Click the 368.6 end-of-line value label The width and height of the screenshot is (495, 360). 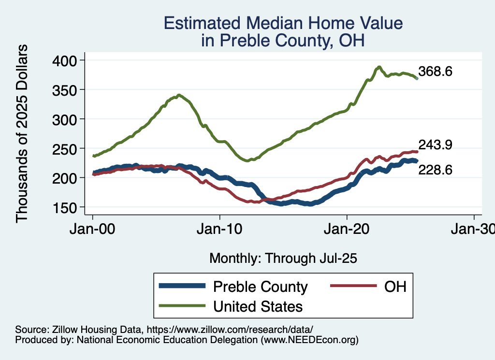(x=436, y=72)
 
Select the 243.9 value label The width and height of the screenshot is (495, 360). (x=436, y=144)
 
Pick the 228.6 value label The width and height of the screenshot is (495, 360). (x=436, y=170)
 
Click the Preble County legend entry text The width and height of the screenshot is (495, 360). (x=260, y=287)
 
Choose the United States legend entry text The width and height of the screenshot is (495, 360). (x=258, y=306)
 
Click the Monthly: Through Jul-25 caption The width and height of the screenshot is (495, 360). (x=283, y=259)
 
